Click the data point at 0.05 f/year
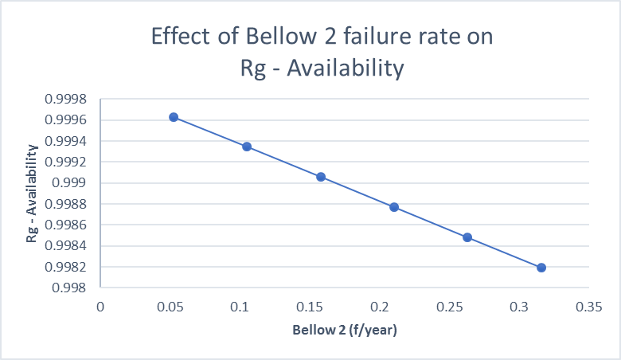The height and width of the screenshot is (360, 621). click(174, 117)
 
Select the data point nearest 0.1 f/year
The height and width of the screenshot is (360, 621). click(247, 147)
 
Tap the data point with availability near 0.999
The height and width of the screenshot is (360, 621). click(321, 177)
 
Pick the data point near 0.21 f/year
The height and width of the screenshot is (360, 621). click(394, 207)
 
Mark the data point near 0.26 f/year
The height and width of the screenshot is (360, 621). click(467, 237)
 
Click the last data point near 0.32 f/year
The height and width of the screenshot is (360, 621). click(541, 268)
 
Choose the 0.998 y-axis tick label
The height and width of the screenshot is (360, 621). click(78, 288)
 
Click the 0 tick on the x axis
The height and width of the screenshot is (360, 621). click(100, 306)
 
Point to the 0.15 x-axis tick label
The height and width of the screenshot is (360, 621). click(310, 306)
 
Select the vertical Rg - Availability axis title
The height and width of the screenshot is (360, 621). click(33, 194)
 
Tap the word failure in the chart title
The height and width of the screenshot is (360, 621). click(392, 38)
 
